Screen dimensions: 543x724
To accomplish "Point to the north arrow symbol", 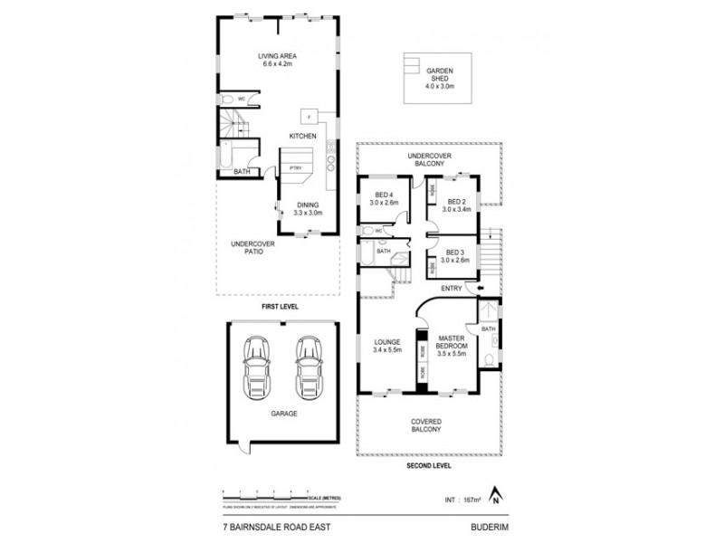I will pyautogui.click(x=495, y=494).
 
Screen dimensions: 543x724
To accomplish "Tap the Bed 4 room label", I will pyautogui.click(x=385, y=200).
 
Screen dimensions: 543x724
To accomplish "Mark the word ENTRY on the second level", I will pyautogui.click(x=451, y=289).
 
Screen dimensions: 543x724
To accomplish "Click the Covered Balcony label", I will pyautogui.click(x=425, y=425).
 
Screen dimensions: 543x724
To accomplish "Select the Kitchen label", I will pyautogui.click(x=302, y=136).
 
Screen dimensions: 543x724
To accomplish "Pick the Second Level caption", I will pyautogui.click(x=425, y=466).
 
